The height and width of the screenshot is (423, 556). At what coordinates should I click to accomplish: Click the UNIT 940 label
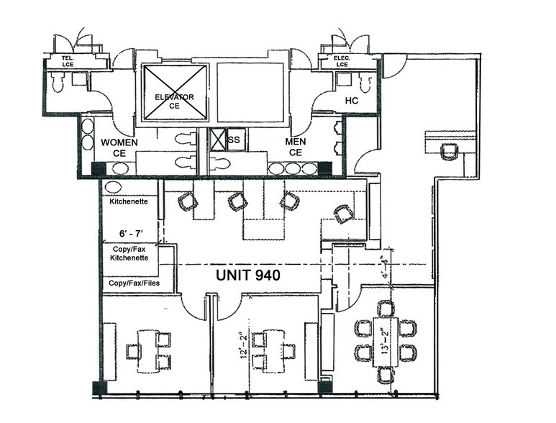248,275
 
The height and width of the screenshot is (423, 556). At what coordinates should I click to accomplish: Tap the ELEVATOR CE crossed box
175,94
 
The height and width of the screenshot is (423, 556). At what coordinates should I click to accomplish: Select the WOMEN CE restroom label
119,147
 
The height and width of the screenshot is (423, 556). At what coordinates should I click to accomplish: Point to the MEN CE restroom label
296,147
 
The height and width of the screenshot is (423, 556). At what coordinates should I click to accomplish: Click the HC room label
352,101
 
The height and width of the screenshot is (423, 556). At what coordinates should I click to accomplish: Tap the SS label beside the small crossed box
234,140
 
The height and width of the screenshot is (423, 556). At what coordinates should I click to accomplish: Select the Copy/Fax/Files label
135,283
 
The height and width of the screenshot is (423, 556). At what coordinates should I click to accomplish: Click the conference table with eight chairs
386,342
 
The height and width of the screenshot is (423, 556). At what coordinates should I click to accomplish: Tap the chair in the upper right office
450,152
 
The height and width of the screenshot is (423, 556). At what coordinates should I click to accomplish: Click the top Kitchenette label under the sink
129,201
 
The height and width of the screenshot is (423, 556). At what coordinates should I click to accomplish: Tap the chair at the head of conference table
386,309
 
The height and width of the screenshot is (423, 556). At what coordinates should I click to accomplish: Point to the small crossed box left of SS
217,139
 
